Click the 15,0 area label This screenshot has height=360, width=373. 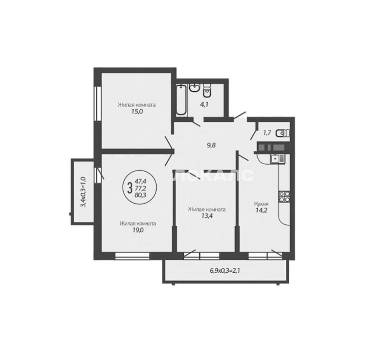(137, 111)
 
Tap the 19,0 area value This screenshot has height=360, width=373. (138, 230)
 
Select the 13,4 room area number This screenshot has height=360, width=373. (207, 216)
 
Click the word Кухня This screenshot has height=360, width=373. (262, 204)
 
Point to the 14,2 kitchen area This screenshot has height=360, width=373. (261, 211)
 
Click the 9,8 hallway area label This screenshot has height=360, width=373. (211, 145)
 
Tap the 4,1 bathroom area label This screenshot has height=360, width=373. (204, 104)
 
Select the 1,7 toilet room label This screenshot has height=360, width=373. (267, 133)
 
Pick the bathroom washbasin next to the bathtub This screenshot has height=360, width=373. (194, 88)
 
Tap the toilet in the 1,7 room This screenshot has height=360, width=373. (283, 133)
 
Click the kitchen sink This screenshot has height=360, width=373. (277, 159)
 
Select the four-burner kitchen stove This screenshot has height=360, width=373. (284, 196)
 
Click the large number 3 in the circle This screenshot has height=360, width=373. (130, 188)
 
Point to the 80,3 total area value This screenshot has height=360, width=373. (140, 195)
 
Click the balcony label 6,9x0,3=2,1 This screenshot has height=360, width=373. (225, 270)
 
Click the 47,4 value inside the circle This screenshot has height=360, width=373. (140, 181)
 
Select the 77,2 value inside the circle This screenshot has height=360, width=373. (140, 188)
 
